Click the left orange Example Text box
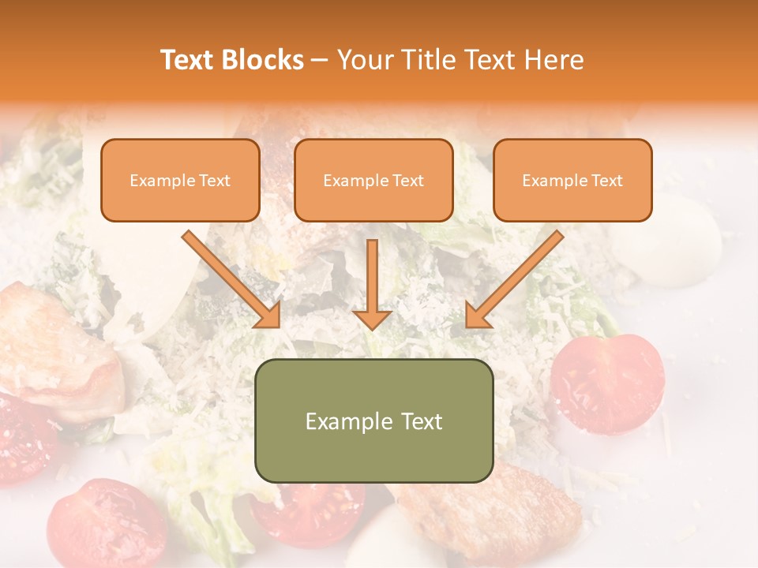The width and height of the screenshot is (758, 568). (x=180, y=180)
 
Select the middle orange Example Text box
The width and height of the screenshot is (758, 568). (x=373, y=180)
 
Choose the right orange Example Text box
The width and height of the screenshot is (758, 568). (x=572, y=180)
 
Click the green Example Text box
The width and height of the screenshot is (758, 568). (x=373, y=420)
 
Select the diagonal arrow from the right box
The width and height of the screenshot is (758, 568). (x=516, y=278)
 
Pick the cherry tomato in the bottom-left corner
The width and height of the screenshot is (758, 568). (x=106, y=524)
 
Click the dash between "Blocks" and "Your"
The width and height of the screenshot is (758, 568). (x=320, y=60)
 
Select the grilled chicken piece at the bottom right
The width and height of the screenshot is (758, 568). (x=490, y=517)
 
